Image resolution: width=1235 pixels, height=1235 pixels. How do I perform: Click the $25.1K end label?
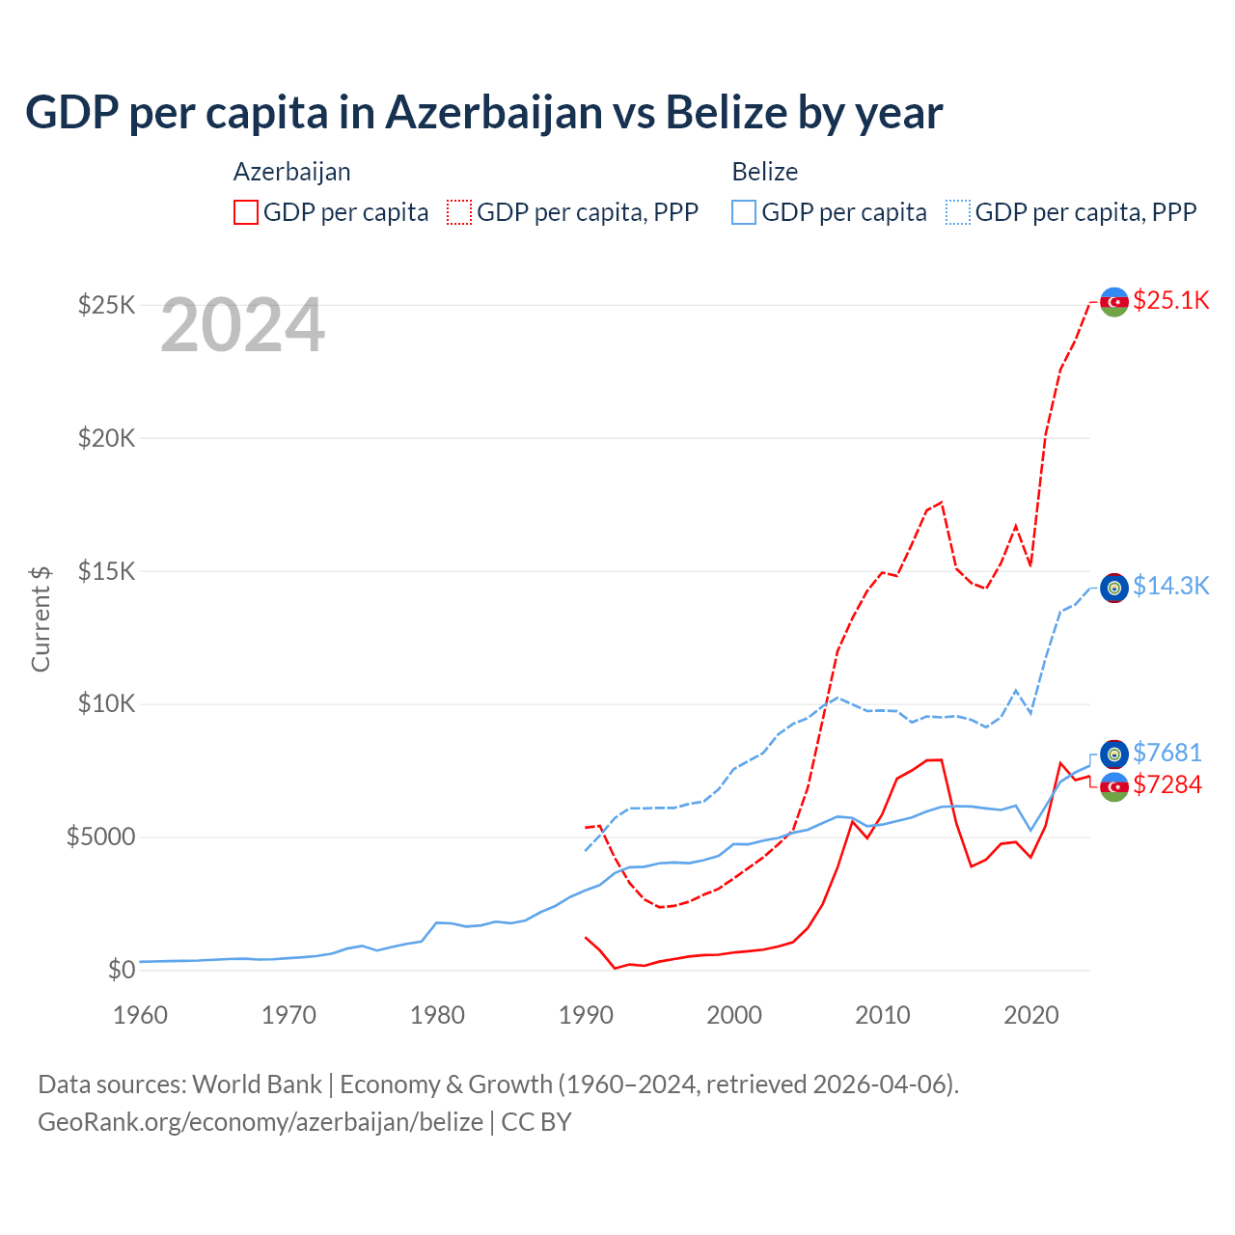coord(1170,301)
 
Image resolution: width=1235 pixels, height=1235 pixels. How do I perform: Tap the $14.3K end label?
coord(1170,587)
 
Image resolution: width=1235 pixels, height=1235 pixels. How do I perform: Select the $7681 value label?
coord(1166,753)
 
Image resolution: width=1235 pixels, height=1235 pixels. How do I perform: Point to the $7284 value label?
coord(1166,784)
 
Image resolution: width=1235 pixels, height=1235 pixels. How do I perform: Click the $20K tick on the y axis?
coord(107,439)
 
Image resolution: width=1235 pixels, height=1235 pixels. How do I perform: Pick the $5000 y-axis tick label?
coord(100,837)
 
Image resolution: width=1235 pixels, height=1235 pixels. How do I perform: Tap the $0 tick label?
coord(121,970)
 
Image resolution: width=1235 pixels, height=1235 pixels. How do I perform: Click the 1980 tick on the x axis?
coord(437,1015)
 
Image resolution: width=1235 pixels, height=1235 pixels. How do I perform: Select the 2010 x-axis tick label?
coord(883,1015)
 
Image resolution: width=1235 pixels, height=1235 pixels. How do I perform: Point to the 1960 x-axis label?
coord(141,1015)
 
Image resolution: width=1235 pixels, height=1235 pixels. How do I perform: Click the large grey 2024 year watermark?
coord(242,326)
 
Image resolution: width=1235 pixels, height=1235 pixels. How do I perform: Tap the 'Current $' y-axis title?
coord(41,618)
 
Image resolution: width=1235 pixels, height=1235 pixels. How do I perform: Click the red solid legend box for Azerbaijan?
coord(246,212)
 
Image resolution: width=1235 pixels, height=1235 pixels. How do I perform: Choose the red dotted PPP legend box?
coord(459,212)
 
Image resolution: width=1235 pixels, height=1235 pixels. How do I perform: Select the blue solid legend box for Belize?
coord(744,212)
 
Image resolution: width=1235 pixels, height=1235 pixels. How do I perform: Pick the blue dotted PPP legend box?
coord(958,212)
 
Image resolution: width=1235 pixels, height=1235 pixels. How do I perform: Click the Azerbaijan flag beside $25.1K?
coord(1114,302)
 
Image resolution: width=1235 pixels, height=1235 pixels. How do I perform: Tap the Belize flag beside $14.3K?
coord(1114,588)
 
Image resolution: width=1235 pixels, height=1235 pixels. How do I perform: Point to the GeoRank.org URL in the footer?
coord(261,1122)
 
